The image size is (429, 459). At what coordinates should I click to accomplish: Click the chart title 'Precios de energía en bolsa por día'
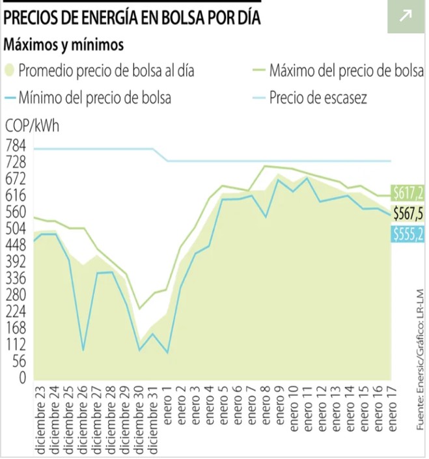pyautogui.click(x=132, y=18)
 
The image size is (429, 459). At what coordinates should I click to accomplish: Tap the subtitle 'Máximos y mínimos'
pyautogui.click(x=64, y=45)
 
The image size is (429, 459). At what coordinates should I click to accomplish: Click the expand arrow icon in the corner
pyautogui.click(x=406, y=16)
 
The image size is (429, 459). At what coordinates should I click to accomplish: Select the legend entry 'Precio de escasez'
pyautogui.click(x=318, y=98)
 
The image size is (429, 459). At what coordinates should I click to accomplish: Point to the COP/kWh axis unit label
pyautogui.click(x=32, y=126)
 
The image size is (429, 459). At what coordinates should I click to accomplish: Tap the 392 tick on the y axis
pyautogui.click(x=16, y=262)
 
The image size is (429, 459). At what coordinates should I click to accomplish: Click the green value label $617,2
pyautogui.click(x=408, y=193)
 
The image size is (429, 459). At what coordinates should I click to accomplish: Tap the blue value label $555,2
pyautogui.click(x=408, y=234)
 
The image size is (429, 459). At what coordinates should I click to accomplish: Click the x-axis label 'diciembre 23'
pyautogui.click(x=38, y=417)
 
